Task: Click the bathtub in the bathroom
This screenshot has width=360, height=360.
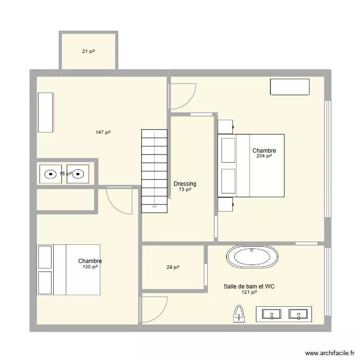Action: (x=252, y=257)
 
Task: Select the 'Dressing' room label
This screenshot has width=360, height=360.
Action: (x=185, y=184)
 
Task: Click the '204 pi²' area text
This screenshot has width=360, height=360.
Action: (x=264, y=156)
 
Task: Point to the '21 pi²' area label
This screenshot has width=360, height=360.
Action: (x=88, y=51)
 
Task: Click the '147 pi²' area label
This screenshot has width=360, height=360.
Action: (x=103, y=132)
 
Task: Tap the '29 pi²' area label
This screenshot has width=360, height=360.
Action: (x=173, y=267)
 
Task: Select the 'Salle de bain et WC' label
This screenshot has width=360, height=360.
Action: (x=249, y=287)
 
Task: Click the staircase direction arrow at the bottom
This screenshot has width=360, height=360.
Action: (x=154, y=207)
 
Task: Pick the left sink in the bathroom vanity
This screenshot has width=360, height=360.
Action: (x=273, y=314)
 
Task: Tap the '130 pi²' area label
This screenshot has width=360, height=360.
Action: (x=90, y=267)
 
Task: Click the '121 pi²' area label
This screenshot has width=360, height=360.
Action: (x=249, y=292)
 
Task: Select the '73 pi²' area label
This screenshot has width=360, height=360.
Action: (x=185, y=190)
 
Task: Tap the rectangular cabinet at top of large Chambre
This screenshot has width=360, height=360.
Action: (x=289, y=87)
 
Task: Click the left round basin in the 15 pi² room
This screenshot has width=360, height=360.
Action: (x=50, y=174)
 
